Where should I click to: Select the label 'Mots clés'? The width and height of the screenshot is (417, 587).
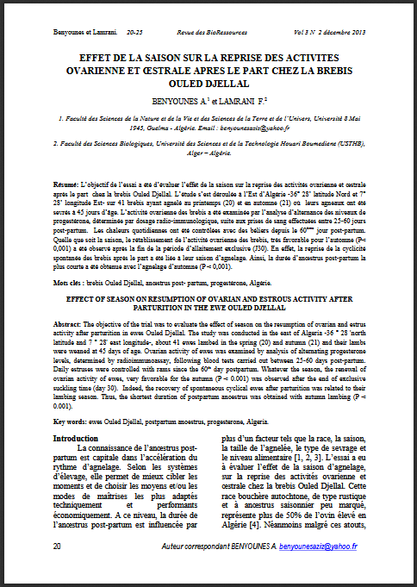(69, 283)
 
